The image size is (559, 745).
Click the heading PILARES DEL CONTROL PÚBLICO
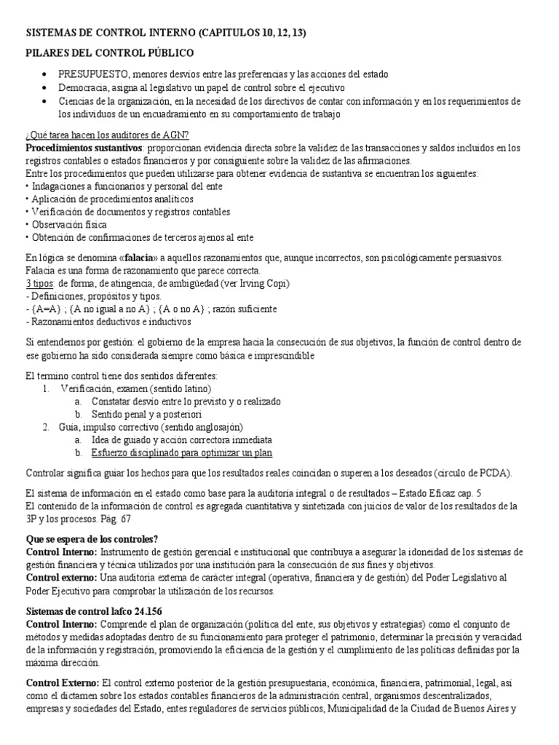coord(109,53)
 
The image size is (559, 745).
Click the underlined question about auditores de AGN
coord(107,135)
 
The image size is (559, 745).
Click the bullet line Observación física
coord(66,224)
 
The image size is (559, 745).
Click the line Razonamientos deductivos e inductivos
coord(109,322)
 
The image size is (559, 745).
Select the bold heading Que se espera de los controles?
coord(91,539)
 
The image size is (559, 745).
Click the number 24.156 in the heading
coord(165,610)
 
